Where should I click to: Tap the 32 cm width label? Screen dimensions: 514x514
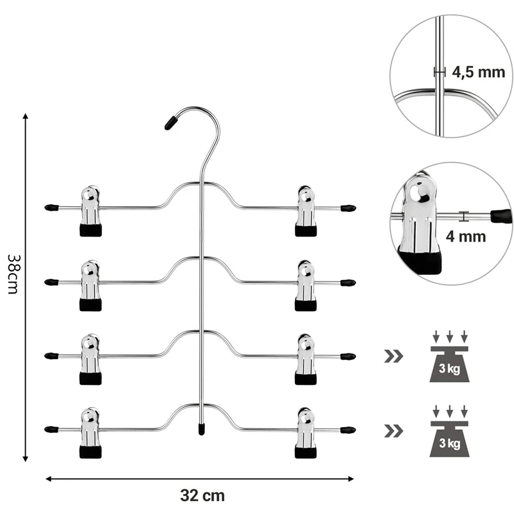click(x=203, y=495)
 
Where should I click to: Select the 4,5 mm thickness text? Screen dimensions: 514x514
click(x=478, y=72)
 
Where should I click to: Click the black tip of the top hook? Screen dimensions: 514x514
click(x=171, y=123)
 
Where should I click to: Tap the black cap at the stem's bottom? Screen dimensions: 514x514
click(x=202, y=427)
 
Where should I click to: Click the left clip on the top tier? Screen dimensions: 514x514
click(x=91, y=211)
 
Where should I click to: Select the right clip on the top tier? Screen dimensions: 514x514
click(x=306, y=211)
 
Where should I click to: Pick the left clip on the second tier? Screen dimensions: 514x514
click(x=91, y=286)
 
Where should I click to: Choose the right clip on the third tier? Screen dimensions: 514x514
click(x=306, y=359)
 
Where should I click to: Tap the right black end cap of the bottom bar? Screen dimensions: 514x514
click(x=348, y=429)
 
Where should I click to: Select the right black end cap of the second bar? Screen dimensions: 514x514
click(x=348, y=282)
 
